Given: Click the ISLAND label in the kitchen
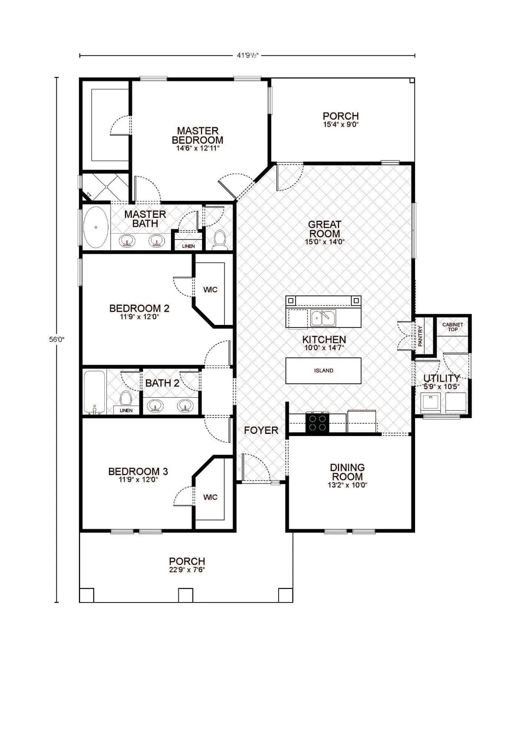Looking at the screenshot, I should pyautogui.click(x=323, y=370).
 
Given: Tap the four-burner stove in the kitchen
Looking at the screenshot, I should pyautogui.click(x=317, y=423).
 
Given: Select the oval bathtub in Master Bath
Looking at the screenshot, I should pyautogui.click(x=96, y=227).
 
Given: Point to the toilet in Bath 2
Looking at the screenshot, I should pyautogui.click(x=126, y=398).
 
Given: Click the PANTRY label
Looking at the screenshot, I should pyautogui.click(x=420, y=336).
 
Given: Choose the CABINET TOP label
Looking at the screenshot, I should pyautogui.click(x=453, y=327).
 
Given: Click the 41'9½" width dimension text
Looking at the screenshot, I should pyautogui.click(x=247, y=56).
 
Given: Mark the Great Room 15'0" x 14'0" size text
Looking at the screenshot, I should pyautogui.click(x=325, y=242).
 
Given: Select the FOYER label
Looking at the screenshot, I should pyautogui.click(x=261, y=430).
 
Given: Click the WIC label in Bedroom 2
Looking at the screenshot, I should pyautogui.click(x=210, y=290).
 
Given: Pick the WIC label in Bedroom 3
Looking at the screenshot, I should pyautogui.click(x=210, y=497).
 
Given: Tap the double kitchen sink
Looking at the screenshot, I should pyautogui.click(x=323, y=318).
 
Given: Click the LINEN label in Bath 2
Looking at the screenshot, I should pyautogui.click(x=126, y=410).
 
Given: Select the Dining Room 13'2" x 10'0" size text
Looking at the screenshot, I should pyautogui.click(x=347, y=485).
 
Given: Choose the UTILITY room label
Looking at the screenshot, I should pyautogui.click(x=441, y=378).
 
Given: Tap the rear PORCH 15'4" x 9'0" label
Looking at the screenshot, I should pyautogui.click(x=341, y=120).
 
